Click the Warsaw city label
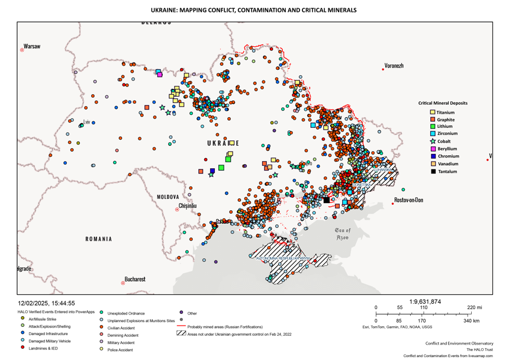pyautogui.click(x=32, y=47)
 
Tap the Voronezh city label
pyautogui.click(x=394, y=66)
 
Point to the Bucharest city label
pyautogui.click(x=134, y=279)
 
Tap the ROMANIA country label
pyautogui.click(x=98, y=239)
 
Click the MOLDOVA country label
pyautogui.click(x=167, y=197)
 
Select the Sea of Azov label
pyautogui.click(x=343, y=233)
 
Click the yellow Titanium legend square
pyautogui.click(x=433, y=112)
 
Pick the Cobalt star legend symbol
pyautogui.click(x=433, y=142)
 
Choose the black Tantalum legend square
pyautogui.click(x=433, y=172)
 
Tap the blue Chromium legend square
pyautogui.click(x=433, y=156)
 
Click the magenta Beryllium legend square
pyautogui.click(x=433, y=149)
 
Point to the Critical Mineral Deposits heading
pyautogui.click(x=443, y=103)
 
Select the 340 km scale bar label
pyautogui.click(x=472, y=320)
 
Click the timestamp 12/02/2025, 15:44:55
pyautogui.click(x=46, y=303)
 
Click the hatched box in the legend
pyautogui.click(x=181, y=333)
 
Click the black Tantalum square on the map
pyautogui.click(x=326, y=200)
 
